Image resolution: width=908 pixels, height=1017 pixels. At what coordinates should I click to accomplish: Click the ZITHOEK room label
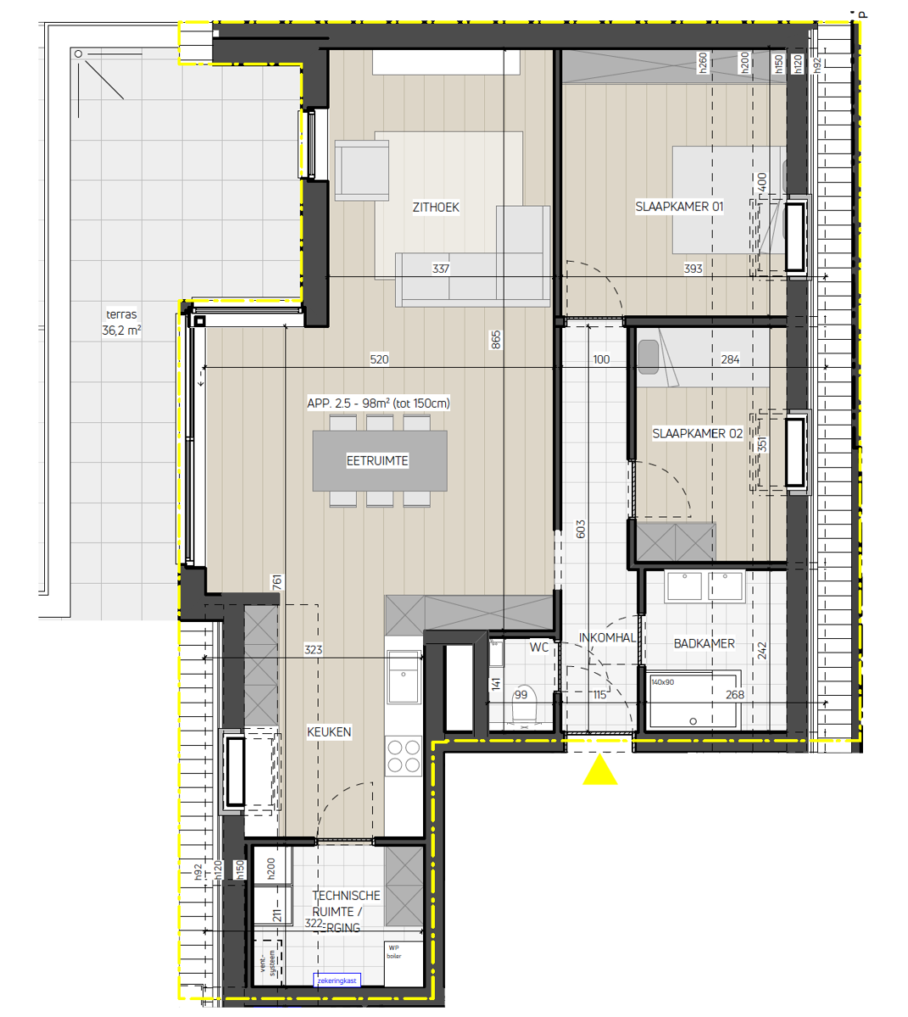click(x=436, y=208)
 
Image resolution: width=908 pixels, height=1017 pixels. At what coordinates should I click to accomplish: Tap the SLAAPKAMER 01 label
click(x=679, y=206)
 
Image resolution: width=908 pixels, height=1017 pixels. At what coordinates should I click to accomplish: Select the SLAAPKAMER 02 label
click(x=697, y=433)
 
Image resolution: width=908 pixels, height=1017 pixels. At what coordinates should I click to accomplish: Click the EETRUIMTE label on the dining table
click(x=377, y=461)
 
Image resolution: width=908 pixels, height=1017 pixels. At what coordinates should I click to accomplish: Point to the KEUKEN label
click(x=329, y=732)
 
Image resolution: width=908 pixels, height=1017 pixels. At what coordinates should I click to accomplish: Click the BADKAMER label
click(x=704, y=644)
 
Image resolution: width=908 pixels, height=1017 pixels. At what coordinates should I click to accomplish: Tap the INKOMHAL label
click(x=607, y=637)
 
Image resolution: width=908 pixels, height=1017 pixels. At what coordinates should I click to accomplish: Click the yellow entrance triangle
click(x=600, y=770)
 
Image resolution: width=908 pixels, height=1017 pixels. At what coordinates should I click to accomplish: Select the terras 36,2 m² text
click(x=121, y=323)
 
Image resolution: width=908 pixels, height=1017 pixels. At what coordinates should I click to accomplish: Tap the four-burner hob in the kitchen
click(x=404, y=756)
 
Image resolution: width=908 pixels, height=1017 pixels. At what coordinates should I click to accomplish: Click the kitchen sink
click(x=404, y=677)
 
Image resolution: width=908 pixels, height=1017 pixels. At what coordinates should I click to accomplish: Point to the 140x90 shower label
click(x=662, y=682)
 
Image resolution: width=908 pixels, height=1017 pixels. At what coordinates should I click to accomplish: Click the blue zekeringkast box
click(x=337, y=981)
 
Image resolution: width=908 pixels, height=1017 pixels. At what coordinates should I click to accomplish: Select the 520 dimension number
click(x=379, y=359)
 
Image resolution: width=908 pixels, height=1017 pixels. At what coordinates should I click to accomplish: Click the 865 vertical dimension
click(x=496, y=340)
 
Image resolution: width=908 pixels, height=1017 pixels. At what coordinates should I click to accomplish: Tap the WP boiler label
click(x=394, y=952)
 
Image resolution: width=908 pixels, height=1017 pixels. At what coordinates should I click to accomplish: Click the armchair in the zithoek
click(x=361, y=170)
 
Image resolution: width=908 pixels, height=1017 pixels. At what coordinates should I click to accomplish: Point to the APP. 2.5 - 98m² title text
click(x=378, y=403)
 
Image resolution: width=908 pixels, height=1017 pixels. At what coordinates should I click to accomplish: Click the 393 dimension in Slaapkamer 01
click(x=693, y=269)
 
